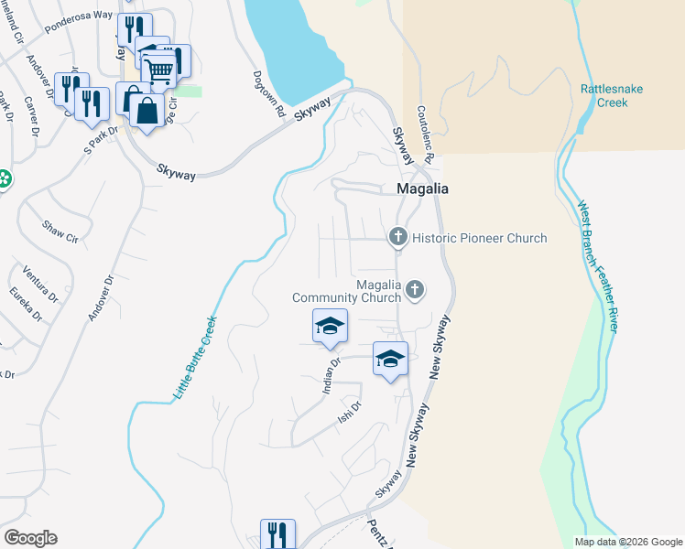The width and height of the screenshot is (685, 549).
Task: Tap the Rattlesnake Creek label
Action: [603, 96]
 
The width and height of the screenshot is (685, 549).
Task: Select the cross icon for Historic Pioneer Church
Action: [397, 237]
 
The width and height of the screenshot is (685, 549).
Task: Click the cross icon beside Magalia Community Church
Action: [415, 290]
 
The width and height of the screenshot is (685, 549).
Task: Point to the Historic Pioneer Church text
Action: [479, 238]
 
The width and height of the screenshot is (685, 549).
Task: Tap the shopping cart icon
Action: [159, 69]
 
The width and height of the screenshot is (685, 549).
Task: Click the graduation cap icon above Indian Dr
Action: [330, 327]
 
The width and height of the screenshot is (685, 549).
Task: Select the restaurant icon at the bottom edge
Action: [277, 534]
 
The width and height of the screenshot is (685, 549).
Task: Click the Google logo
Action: [30, 538]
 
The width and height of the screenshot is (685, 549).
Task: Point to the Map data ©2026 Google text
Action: [627, 542]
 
